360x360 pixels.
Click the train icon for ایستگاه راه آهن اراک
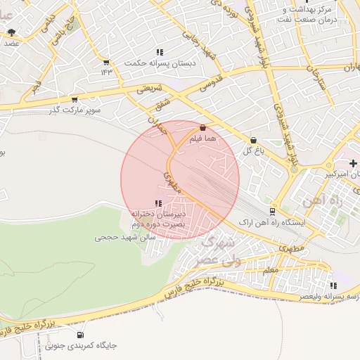click(273, 211)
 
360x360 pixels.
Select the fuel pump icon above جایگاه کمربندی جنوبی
click(80, 335)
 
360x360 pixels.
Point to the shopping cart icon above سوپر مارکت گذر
click(75, 100)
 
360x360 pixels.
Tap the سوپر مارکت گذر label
click(75, 110)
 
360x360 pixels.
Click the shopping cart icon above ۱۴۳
click(106, 61)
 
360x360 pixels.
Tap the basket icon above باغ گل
click(253, 140)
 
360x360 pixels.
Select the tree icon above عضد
click(11, 32)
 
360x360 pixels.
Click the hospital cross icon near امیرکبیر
click(352, 163)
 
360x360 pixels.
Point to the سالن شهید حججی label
click(125, 238)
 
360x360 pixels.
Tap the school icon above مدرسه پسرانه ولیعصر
click(334, 285)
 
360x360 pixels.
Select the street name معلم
click(269, 270)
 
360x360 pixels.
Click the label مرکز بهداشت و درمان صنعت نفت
click(304, 14)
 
